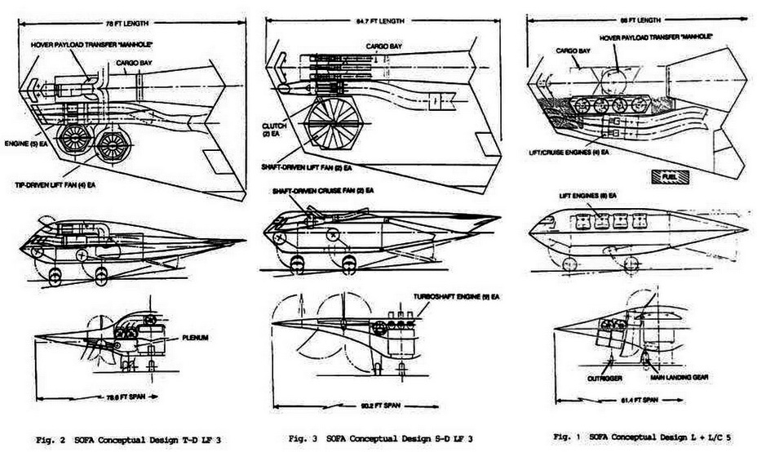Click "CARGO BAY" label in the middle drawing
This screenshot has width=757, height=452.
point(383,47)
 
